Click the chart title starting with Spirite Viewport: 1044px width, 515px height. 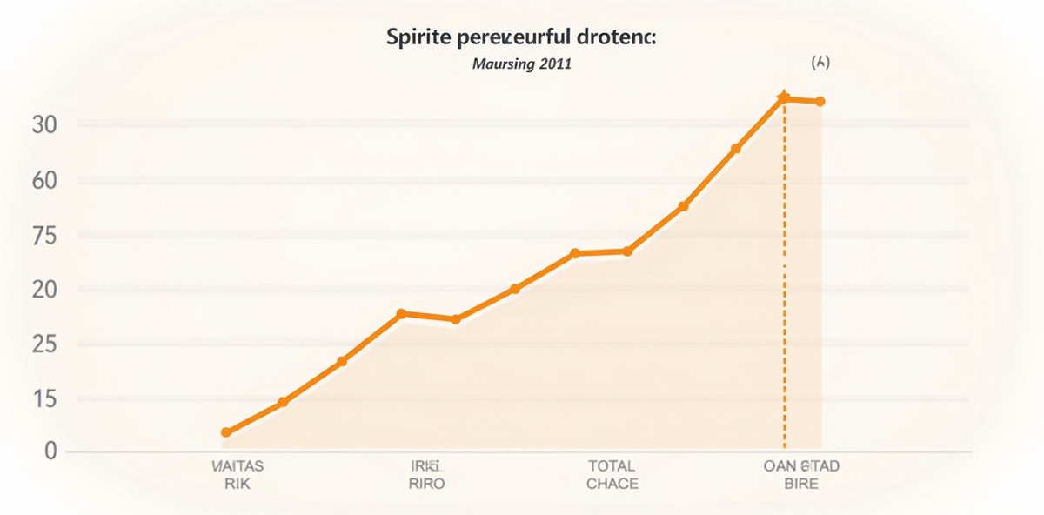pyautogui.click(x=521, y=39)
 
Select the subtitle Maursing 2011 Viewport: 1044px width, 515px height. pyautogui.click(x=522, y=64)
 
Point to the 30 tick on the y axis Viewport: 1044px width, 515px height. pyautogui.click(x=44, y=125)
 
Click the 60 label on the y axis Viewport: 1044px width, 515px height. pyautogui.click(x=44, y=181)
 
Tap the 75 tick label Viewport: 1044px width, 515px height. pyautogui.click(x=44, y=236)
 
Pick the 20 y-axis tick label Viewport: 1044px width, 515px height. pyautogui.click(x=44, y=290)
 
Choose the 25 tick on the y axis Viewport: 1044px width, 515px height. pyautogui.click(x=44, y=345)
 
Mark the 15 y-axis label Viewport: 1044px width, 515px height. pyautogui.click(x=44, y=399)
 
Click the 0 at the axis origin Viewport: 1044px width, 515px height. pyautogui.click(x=50, y=451)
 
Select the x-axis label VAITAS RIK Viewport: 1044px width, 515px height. pyautogui.click(x=237, y=475)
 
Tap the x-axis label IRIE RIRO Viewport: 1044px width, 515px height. pyautogui.click(x=425, y=475)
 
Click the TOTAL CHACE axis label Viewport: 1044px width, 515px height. pyautogui.click(x=612, y=475)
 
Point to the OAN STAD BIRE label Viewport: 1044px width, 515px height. pyautogui.click(x=800, y=475)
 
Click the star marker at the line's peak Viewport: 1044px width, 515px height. pyautogui.click(x=784, y=97)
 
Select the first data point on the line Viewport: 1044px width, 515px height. pyautogui.click(x=226, y=432)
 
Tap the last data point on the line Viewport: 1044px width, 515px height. pyautogui.click(x=820, y=102)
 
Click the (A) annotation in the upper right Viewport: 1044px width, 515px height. pyautogui.click(x=820, y=64)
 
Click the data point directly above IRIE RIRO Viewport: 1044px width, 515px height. pyautogui.click(x=401, y=313)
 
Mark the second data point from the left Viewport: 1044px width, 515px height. pyautogui.click(x=283, y=402)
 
